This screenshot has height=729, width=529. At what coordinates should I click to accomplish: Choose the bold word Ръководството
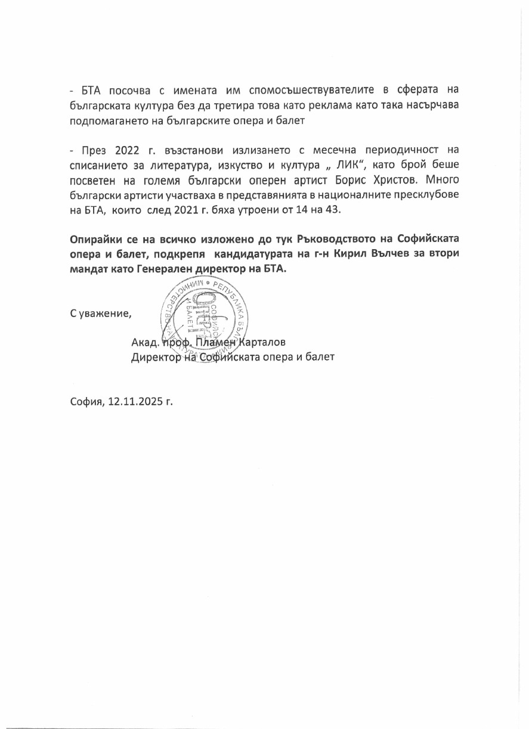[314, 239]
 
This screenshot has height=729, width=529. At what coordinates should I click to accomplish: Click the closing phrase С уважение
[100, 313]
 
